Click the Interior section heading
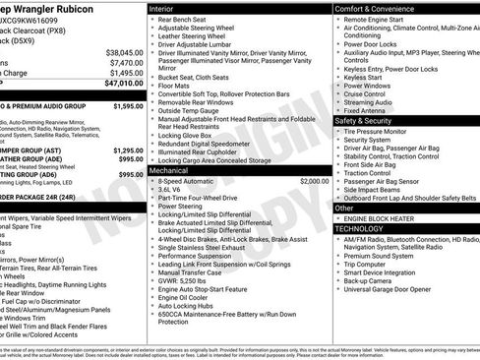coord(163,8)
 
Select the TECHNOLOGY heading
coord(361,228)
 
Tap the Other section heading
coord(344,208)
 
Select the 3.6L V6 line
coord(171,191)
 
